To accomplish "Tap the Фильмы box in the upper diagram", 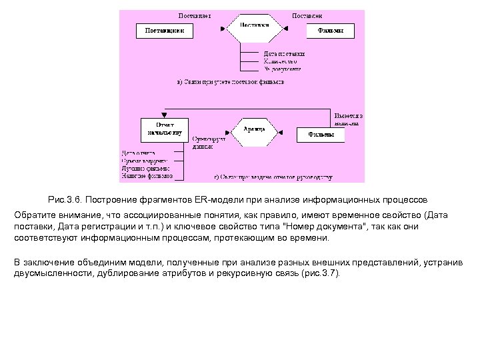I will point(330,31).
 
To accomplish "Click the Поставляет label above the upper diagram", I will point(195,15).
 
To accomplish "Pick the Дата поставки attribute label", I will point(284,53).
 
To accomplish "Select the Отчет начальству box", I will point(165,129).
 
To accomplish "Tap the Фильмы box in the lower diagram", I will point(321,135).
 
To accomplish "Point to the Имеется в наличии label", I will point(349,119).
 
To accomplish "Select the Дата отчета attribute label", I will point(138,153).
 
